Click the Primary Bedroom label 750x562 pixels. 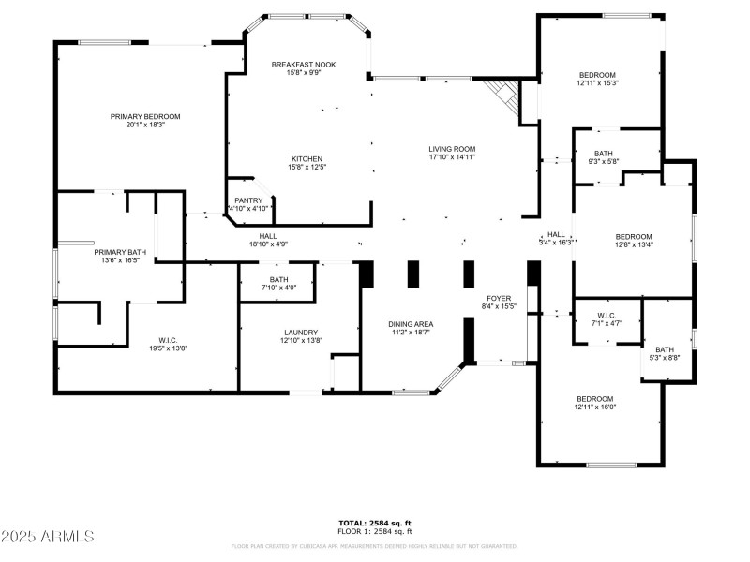tap(144, 117)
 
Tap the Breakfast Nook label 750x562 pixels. tap(304, 65)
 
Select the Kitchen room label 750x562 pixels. tap(307, 158)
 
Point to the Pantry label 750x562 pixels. tap(248, 200)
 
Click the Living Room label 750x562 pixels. tap(452, 149)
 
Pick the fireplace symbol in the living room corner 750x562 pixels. tap(505, 96)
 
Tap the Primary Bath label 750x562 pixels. tap(120, 252)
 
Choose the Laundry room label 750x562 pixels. tap(301, 333)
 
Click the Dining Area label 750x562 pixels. tap(411, 324)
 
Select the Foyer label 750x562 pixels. tap(498, 299)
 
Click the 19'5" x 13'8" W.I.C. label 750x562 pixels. tap(142, 340)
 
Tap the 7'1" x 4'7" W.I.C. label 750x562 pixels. tap(605, 316)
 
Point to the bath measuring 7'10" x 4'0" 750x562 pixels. tap(278, 280)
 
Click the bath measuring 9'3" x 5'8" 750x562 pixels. tap(605, 155)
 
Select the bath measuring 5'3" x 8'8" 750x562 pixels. tap(664, 349)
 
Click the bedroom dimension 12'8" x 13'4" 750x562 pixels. tap(633, 245)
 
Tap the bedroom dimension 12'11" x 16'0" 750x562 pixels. tap(594, 407)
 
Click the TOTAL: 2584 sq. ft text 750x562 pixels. tap(374, 523)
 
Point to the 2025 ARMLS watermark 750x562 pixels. tap(48, 537)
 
